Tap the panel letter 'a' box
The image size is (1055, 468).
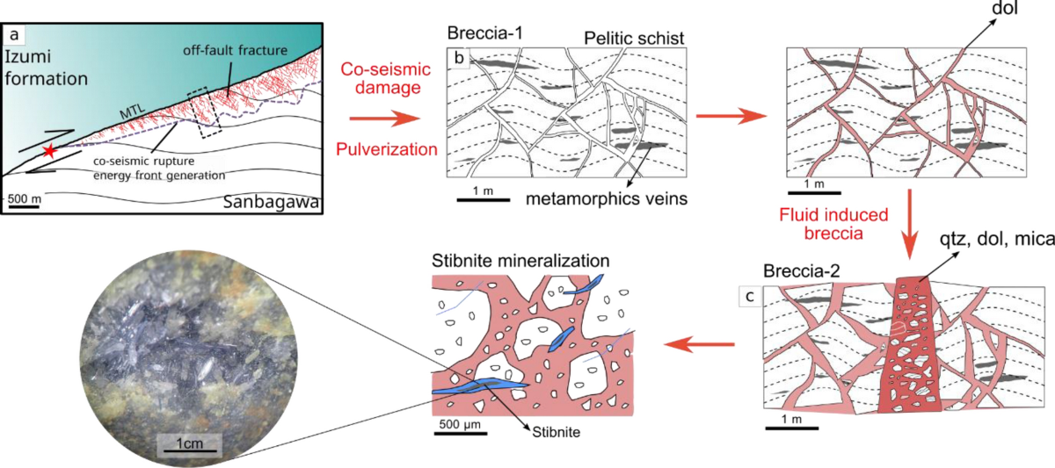pyautogui.click(x=15, y=36)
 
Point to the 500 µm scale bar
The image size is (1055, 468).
pyautogui.click(x=460, y=428)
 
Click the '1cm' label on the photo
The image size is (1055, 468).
pyautogui.click(x=188, y=443)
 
